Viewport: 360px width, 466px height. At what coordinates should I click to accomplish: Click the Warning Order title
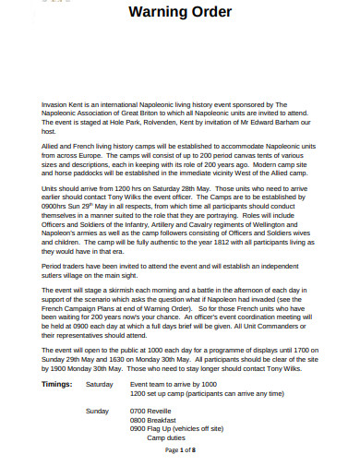(x=181, y=13)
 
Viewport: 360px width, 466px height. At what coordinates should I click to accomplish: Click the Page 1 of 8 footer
(x=181, y=449)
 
